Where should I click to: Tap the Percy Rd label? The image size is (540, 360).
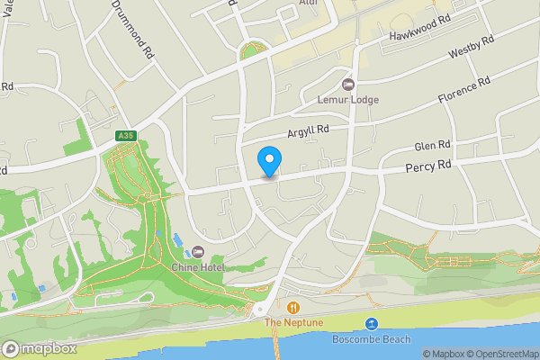[427, 166]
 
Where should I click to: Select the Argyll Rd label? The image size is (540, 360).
[309, 131]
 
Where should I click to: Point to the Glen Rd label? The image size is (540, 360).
[431, 146]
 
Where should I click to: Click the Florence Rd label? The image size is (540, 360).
[463, 90]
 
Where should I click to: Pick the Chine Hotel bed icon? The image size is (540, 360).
[198, 250]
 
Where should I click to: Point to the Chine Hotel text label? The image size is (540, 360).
[197, 266]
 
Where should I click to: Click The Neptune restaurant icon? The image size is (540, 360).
[292, 307]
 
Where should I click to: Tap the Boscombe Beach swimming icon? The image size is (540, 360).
[371, 324]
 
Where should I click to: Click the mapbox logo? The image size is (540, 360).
[40, 348]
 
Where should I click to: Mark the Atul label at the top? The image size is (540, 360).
[309, 3]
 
